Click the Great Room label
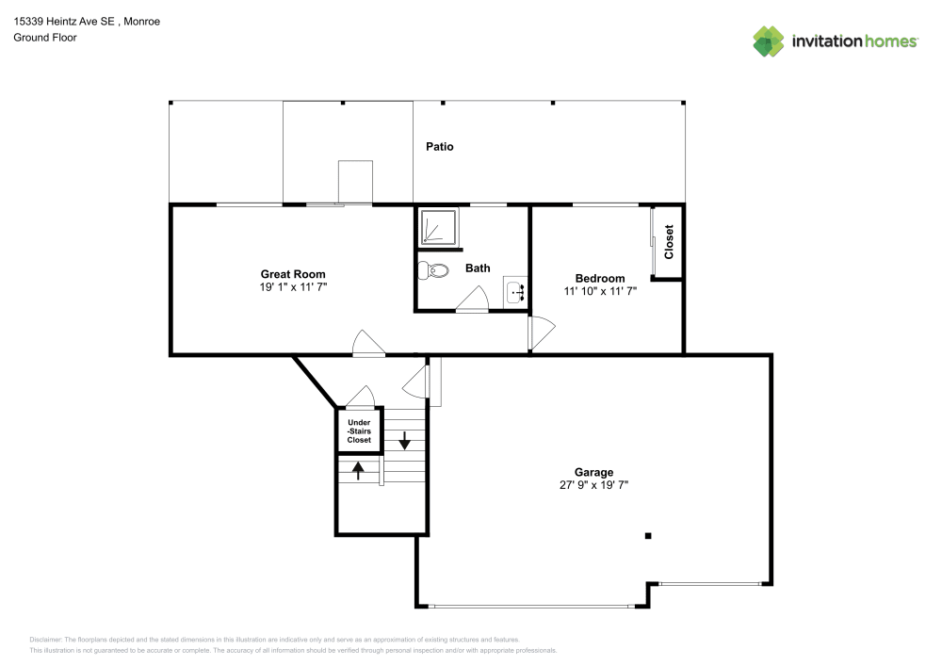point(293,274)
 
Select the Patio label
point(439,146)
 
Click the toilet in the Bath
point(433,270)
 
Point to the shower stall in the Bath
point(437,228)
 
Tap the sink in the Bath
point(514,293)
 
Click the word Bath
point(478,268)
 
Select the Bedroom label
point(600,278)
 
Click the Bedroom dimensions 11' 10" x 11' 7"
point(600,291)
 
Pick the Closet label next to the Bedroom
point(669,242)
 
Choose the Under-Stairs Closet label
point(359,431)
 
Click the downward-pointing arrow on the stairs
point(405,440)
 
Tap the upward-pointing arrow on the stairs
point(358,469)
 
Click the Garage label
point(593,472)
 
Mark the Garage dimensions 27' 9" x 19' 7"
point(593,485)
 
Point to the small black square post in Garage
point(648,536)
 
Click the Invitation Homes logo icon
point(769,41)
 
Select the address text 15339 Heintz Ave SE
point(66,21)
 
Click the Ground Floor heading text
point(45,38)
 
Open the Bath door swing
point(473,301)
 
